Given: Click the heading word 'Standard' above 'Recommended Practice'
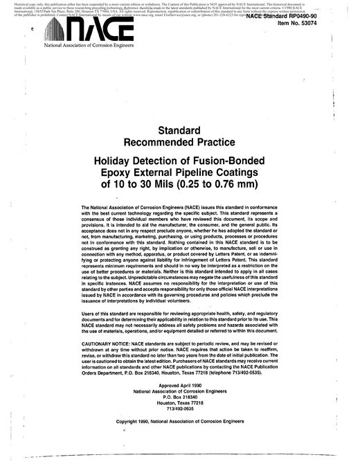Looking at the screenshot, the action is click(179, 129).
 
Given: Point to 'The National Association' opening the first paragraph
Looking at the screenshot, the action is click(111, 207).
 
